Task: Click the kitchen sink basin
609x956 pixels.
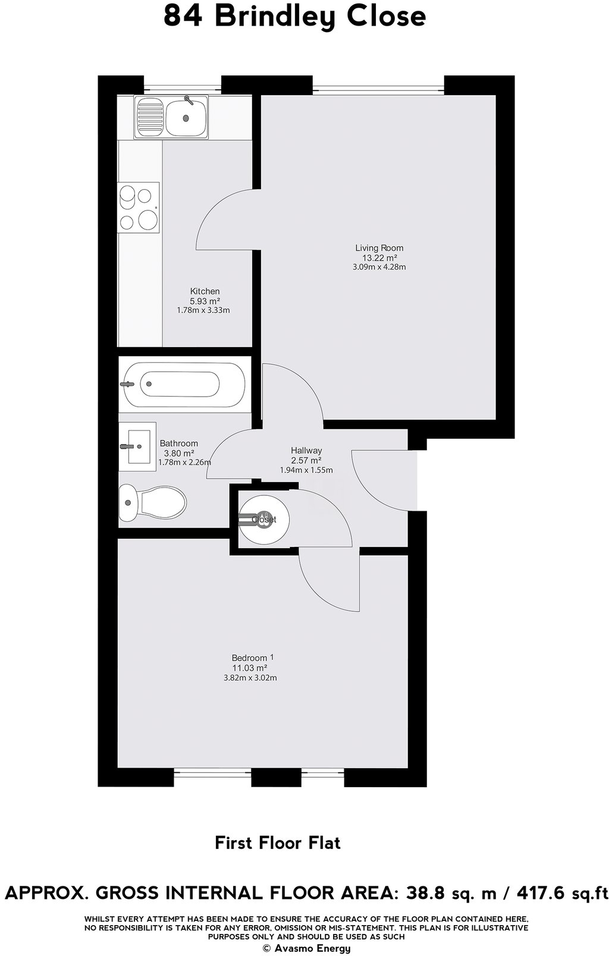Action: tap(186, 117)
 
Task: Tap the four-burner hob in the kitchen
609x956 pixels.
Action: tap(139, 207)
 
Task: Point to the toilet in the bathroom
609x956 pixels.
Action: tap(152, 502)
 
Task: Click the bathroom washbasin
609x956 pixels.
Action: tap(137, 446)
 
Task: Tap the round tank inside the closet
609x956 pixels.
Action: tap(264, 519)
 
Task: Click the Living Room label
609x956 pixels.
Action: tap(379, 247)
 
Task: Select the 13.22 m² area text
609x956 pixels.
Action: tap(379, 258)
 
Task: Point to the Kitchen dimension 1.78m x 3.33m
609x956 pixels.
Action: tap(203, 310)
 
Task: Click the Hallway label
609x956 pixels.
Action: tap(306, 450)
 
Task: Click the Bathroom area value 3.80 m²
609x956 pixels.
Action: tap(180, 453)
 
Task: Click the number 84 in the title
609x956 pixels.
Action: tap(183, 17)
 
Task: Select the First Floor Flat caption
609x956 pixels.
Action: tap(278, 842)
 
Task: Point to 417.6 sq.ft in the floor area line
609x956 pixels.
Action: tap(563, 892)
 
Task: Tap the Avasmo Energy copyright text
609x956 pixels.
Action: tap(307, 948)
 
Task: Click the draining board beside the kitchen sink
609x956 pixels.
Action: tap(150, 117)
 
